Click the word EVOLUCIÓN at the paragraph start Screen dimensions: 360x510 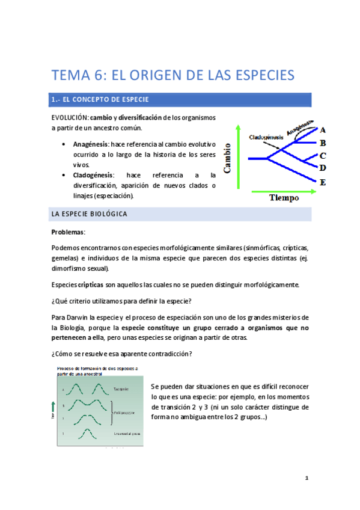(x=70, y=117)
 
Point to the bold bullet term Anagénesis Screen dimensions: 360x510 (x=90, y=145)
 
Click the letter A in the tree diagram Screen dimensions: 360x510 (x=323, y=129)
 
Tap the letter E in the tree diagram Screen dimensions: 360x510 (x=323, y=182)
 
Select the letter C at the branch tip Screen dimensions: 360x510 (x=323, y=156)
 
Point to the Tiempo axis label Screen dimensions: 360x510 (x=284, y=198)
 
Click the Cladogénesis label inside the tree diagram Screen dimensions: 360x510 (x=267, y=137)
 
